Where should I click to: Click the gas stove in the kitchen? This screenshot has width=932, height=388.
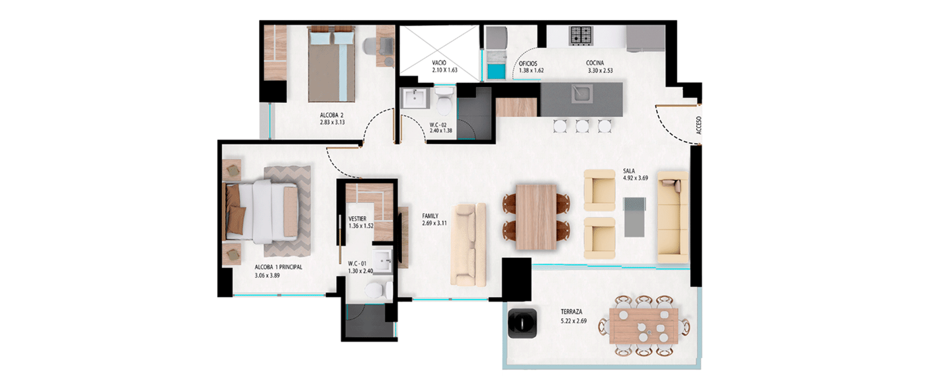point(581,35)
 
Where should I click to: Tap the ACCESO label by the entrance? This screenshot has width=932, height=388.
point(699,125)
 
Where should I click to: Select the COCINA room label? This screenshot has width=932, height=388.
point(595,63)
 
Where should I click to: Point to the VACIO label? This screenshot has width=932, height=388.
point(439,63)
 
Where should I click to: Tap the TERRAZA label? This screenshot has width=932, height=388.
point(571,312)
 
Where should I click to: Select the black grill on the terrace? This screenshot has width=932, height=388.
point(522,323)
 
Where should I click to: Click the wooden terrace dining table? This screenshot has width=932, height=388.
point(644,325)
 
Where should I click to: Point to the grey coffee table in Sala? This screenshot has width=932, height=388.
point(634,217)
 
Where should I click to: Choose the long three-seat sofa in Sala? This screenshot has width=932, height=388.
point(673,217)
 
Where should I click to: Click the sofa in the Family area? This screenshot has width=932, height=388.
point(468,244)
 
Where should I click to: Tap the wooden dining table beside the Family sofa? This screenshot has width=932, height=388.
point(536,217)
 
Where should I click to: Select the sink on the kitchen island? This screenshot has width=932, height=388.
point(582,93)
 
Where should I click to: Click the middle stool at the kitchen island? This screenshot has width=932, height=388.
point(582,126)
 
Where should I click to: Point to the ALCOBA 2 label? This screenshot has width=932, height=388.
point(332,115)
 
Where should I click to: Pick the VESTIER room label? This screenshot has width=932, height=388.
point(357,219)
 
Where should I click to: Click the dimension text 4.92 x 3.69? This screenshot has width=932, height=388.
point(635,178)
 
